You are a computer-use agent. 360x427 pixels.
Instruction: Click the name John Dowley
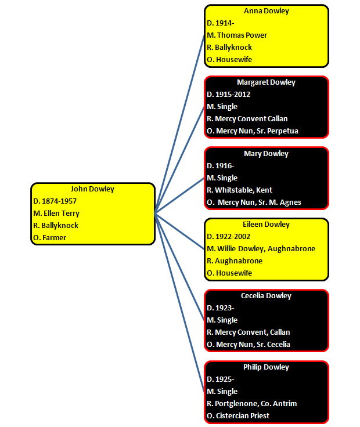92,189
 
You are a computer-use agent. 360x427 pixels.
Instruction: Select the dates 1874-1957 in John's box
59,201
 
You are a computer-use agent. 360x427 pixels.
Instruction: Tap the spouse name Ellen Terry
62,213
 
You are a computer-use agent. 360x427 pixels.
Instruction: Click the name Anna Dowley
267,11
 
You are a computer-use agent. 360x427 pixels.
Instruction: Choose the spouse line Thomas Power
242,35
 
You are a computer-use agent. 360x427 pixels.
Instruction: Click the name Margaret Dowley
266,82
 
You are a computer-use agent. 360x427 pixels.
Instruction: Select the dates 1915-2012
233,95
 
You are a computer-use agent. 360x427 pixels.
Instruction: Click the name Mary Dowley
266,154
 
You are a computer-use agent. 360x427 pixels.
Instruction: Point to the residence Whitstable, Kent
243,190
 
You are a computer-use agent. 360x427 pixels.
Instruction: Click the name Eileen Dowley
266,225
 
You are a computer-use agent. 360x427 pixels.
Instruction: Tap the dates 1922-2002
233,237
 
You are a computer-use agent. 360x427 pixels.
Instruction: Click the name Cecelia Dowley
266,296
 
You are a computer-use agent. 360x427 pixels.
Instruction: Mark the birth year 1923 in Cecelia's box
224,308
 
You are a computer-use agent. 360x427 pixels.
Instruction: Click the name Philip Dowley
266,367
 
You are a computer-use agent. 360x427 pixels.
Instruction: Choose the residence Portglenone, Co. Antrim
255,404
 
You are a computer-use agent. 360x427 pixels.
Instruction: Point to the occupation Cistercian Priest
243,416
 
